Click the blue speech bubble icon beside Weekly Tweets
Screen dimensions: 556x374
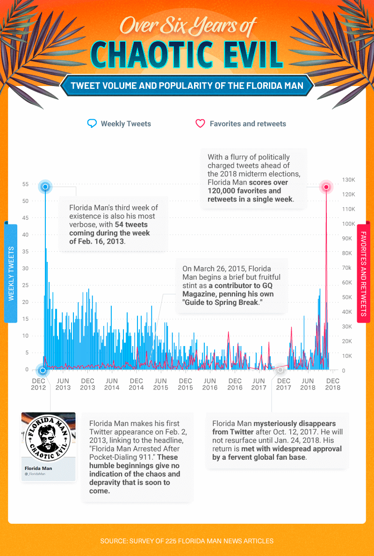click(x=92, y=124)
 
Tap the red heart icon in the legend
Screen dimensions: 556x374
click(x=200, y=124)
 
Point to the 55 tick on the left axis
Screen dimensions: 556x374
click(x=25, y=184)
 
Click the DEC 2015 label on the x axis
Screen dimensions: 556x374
click(x=185, y=384)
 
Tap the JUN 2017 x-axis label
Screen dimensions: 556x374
click(x=259, y=384)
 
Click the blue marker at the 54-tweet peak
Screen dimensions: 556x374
click(x=45, y=187)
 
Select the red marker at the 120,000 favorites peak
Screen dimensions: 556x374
click(x=326, y=188)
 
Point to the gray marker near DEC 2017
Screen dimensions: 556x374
click(x=280, y=370)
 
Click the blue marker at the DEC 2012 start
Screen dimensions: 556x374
click(x=43, y=370)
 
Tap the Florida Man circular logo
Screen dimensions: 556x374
click(x=48, y=434)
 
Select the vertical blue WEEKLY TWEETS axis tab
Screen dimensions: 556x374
click(x=11, y=273)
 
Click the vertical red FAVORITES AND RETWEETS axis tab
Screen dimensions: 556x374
click(x=363, y=273)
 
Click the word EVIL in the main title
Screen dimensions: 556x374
click(x=246, y=55)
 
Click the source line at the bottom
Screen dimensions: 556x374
click(x=187, y=541)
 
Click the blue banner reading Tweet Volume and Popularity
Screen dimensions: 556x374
click(x=187, y=86)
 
